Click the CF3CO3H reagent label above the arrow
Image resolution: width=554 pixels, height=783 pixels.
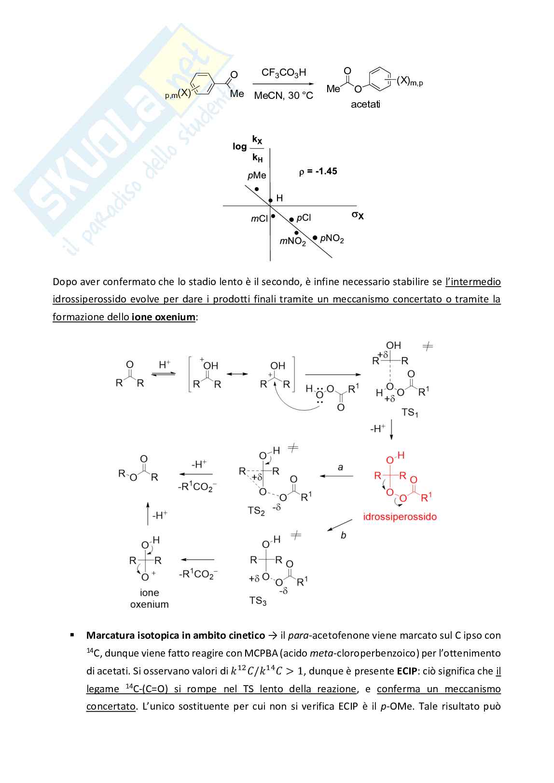283,73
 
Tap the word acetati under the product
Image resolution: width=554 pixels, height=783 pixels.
365,104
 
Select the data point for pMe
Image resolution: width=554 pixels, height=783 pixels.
257,189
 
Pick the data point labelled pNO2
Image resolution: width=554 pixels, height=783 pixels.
315,237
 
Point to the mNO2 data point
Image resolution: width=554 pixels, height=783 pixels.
297,233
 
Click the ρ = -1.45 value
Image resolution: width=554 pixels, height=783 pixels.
318,171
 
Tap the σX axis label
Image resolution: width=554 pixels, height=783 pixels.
358,215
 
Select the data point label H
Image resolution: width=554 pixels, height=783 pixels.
279,198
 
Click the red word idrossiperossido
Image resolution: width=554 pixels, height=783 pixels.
400,517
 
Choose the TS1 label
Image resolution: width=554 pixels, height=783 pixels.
410,412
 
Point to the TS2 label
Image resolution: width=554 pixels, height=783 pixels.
256,510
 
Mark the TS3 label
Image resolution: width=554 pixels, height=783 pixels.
258,601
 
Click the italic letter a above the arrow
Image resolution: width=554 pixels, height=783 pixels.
340,467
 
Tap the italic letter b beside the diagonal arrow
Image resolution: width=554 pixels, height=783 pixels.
343,535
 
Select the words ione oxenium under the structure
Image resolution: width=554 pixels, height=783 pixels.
149,598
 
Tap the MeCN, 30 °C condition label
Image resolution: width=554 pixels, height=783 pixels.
283,96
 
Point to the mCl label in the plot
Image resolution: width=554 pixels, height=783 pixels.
259,219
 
